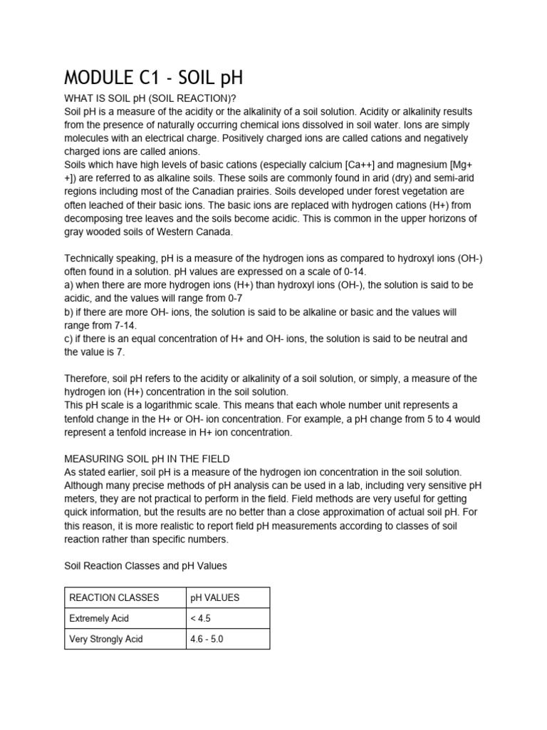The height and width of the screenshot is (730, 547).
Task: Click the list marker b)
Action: (70, 312)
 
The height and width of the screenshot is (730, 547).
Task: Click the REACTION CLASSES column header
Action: (114, 597)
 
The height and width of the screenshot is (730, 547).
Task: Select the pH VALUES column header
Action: (214, 597)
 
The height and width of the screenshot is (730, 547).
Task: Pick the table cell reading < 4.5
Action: (200, 618)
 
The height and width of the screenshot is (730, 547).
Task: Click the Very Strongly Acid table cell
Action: (105, 639)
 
